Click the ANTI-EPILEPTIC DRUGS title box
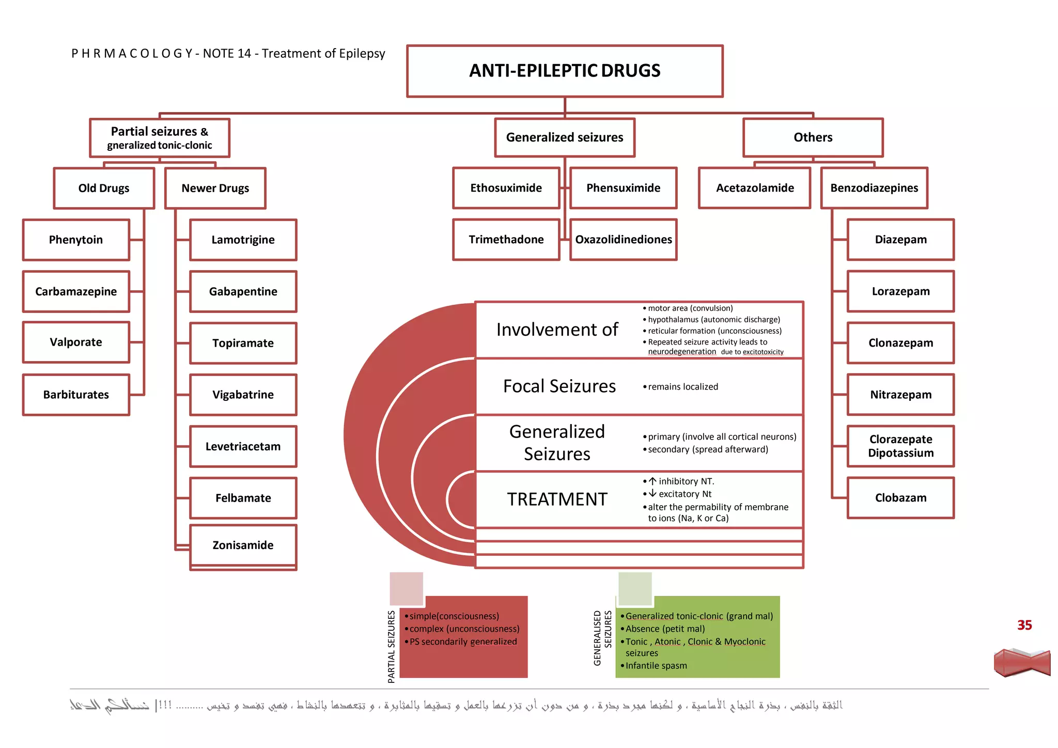(565, 71)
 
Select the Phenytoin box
(76, 240)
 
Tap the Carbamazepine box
(76, 291)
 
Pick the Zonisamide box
(243, 546)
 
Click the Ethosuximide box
(506, 188)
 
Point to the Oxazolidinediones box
(624, 240)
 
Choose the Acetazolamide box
(755, 188)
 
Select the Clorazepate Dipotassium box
(900, 446)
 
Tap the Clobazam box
(900, 498)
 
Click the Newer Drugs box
(215, 188)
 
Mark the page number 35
(1024, 626)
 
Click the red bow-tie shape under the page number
(1022, 663)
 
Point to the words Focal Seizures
(559, 386)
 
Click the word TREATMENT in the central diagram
(557, 500)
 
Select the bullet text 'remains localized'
(682, 387)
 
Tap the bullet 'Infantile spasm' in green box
(656, 666)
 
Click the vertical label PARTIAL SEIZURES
(391, 647)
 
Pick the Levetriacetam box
(243, 446)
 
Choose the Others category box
(813, 137)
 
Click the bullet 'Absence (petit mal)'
(665, 629)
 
